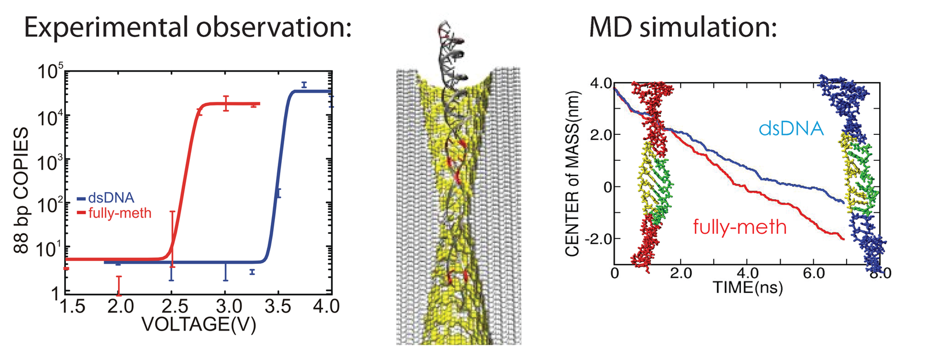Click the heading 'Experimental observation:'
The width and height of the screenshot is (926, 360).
pos(188,28)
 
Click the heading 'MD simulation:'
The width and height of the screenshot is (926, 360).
pos(683,28)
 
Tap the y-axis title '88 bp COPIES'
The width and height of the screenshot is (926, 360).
pos(21,191)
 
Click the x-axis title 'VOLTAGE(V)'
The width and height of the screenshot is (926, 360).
pos(199,324)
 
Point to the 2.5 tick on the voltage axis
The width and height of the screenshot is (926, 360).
pos(172,306)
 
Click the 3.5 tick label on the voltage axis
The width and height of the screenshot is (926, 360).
pos(278,306)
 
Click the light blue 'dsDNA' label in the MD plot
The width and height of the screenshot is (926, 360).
pos(791,128)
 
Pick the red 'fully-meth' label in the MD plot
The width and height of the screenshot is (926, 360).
pos(740,226)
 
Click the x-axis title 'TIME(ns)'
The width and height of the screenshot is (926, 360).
pos(748,287)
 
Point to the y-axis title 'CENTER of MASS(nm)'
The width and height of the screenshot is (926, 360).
pos(572,174)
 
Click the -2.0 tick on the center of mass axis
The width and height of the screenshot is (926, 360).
pos(600,238)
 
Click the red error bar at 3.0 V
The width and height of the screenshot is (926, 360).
pos(226,103)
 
